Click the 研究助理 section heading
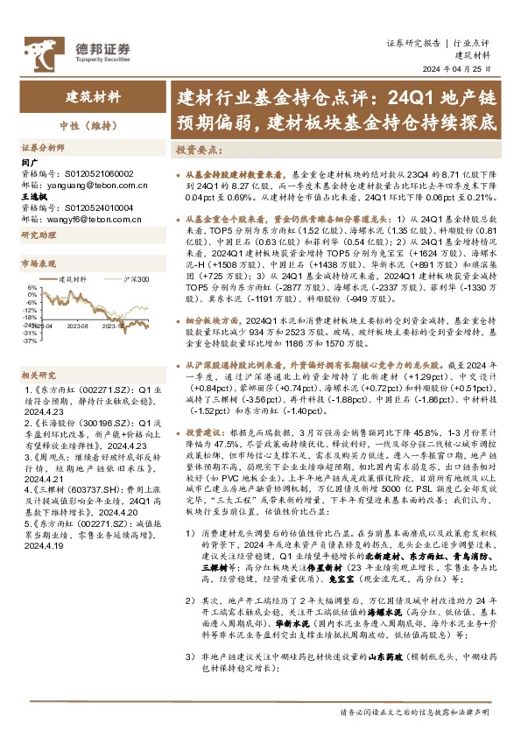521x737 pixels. [x=39, y=235]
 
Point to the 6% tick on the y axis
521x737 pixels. [x=32, y=286]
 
